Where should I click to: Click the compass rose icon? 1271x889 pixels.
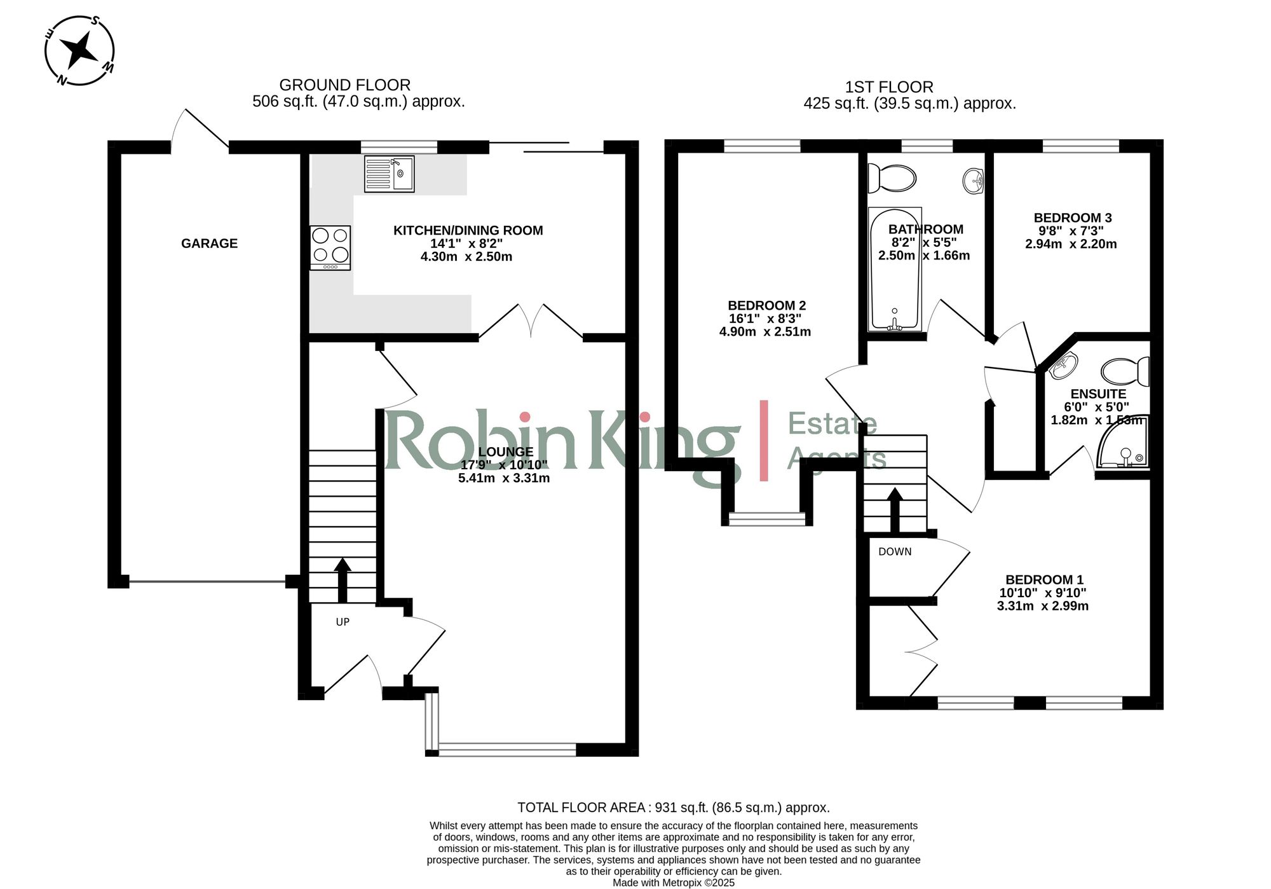click(79, 50)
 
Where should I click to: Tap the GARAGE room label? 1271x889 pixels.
click(209, 244)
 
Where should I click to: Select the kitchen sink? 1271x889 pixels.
click(389, 174)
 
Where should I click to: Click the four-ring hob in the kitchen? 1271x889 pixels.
click(330, 247)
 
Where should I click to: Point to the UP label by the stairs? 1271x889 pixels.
click(343, 622)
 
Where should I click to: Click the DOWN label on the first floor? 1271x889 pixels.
click(895, 552)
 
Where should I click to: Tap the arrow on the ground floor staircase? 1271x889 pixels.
click(343, 579)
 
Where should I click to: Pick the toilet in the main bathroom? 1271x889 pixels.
click(892, 178)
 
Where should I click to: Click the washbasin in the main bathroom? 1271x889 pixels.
click(973, 181)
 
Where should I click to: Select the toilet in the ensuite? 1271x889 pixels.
click(1126, 371)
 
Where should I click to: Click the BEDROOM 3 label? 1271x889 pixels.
click(1072, 218)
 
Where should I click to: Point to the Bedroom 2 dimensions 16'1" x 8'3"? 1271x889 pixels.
click(765, 319)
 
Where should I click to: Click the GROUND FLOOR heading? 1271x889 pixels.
click(344, 85)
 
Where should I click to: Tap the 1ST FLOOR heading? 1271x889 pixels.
click(888, 87)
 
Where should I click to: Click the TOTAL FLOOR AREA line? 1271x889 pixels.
click(673, 808)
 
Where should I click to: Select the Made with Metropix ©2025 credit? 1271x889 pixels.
click(673, 883)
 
